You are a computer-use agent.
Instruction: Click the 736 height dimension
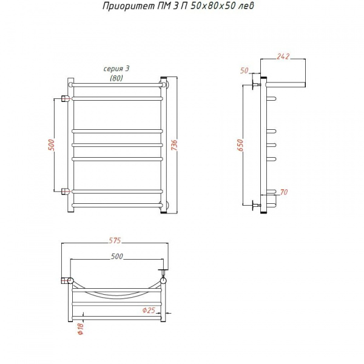(175, 145)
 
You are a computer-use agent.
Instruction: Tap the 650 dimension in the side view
(241, 145)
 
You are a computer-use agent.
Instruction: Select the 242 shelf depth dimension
(283, 56)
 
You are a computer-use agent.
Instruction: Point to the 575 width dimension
(115, 240)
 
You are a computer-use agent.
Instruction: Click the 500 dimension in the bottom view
(116, 256)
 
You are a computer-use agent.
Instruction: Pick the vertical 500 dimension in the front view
(52, 145)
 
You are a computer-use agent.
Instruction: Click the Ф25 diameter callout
(149, 310)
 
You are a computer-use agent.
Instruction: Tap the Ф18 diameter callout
(81, 329)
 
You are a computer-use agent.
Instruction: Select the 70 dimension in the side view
(284, 192)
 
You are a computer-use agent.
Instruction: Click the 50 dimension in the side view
(244, 70)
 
